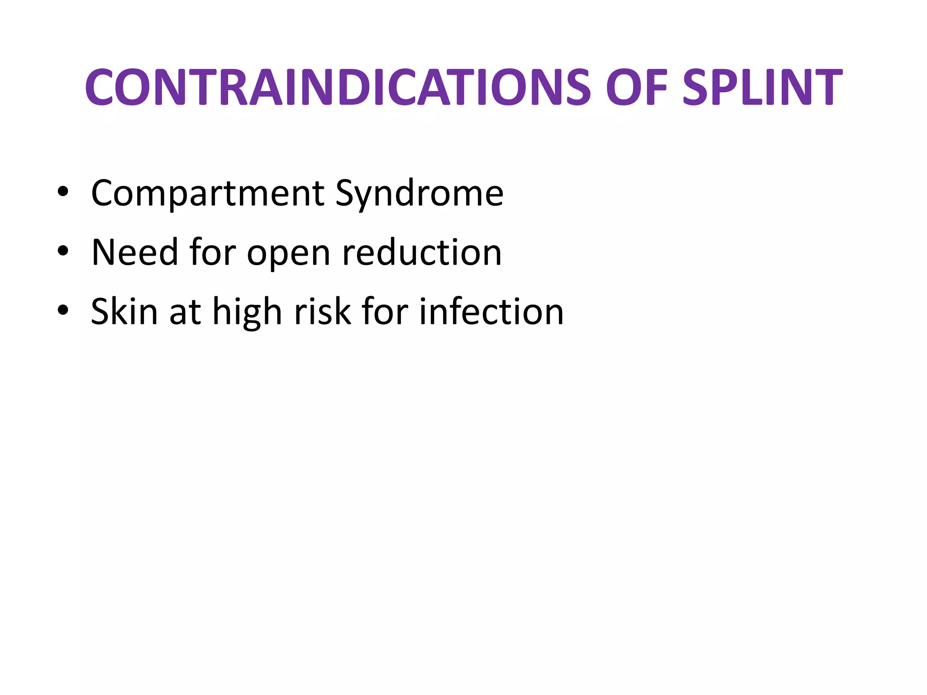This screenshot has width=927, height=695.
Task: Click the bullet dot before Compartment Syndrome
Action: click(63, 192)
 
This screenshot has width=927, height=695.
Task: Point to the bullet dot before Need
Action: click(63, 251)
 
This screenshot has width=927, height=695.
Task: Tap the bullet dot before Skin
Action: click(63, 310)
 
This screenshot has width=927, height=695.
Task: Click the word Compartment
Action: click(207, 194)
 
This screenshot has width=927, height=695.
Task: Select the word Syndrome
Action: click(419, 194)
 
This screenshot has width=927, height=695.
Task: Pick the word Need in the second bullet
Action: click(134, 252)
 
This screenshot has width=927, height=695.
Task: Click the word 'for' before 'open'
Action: click(213, 252)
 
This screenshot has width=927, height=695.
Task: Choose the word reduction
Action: click(422, 252)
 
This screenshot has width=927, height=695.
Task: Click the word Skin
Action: click(124, 311)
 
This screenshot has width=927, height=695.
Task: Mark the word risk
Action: click(322, 311)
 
